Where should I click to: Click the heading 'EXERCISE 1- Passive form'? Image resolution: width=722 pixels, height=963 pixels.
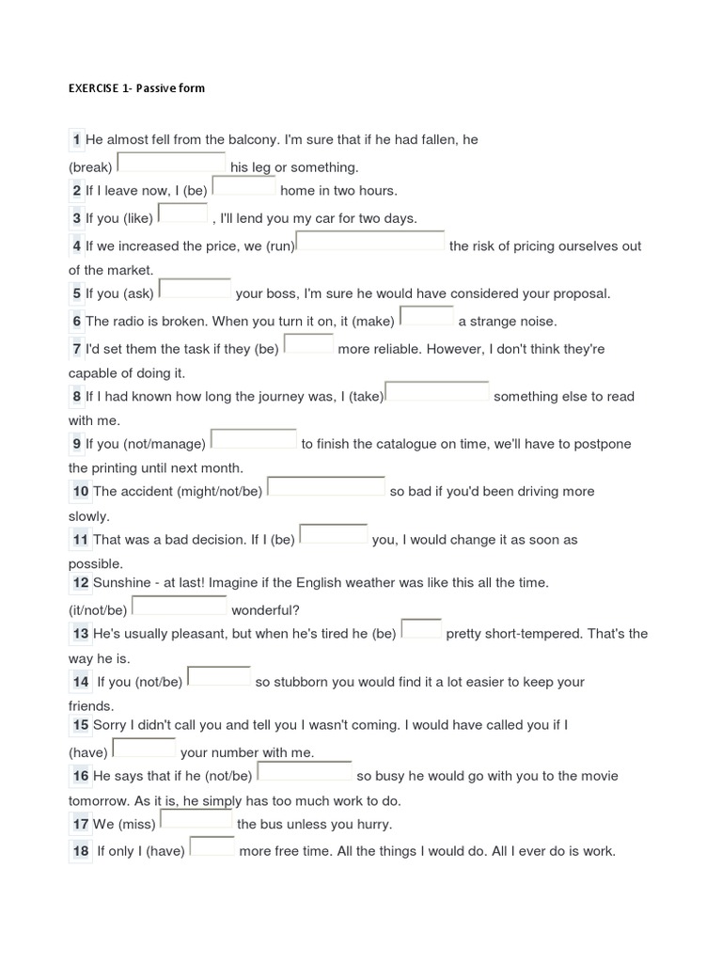(136, 88)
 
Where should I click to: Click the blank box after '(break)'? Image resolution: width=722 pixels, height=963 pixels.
(171, 164)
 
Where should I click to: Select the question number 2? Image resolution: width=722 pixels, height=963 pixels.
(76, 191)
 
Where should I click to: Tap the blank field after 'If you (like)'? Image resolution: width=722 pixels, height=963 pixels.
(182, 214)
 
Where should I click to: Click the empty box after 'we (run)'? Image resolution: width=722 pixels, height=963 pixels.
(370, 243)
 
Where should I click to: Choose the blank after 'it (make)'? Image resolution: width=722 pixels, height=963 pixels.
(427, 317)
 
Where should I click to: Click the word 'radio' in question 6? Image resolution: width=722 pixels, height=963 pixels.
(128, 322)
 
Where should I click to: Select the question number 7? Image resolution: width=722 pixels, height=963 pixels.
(76, 349)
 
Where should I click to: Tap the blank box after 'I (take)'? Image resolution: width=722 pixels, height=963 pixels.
(438, 392)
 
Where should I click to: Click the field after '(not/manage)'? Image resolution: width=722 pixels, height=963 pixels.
(253, 440)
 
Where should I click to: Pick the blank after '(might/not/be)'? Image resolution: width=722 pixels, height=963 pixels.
(326, 487)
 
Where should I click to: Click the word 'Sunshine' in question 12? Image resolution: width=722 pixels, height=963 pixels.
(121, 583)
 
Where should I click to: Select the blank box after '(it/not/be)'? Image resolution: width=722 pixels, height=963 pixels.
(179, 607)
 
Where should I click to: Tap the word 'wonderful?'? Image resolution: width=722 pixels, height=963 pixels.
(266, 609)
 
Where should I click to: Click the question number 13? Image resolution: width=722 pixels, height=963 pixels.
(80, 634)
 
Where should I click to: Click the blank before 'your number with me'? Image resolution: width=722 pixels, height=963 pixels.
(144, 749)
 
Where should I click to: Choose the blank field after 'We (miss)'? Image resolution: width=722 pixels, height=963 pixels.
(196, 820)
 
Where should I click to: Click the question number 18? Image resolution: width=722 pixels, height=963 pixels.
(80, 851)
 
